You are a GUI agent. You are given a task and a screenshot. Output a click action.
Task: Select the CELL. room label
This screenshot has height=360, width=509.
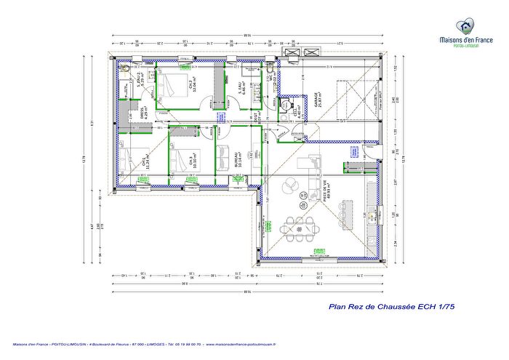pos(297,111)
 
